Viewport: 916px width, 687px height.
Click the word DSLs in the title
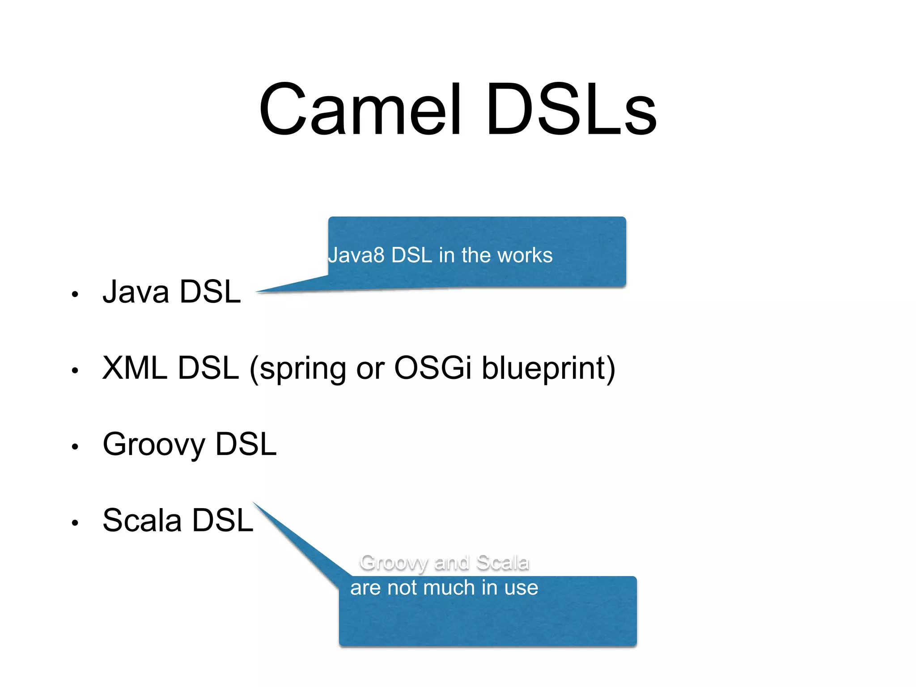(571, 110)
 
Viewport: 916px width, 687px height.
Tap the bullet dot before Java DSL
(75, 294)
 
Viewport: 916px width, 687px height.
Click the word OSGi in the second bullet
(433, 368)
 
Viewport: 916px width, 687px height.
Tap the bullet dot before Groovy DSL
(75, 446)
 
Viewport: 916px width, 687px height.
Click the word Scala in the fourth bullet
(142, 520)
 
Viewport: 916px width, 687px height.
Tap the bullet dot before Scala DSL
(75, 522)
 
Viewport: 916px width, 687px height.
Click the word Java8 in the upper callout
(356, 255)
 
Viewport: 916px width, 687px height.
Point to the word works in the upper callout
(525, 255)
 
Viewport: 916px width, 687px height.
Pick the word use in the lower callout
(522, 588)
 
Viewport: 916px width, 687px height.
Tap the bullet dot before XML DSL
(75, 370)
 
